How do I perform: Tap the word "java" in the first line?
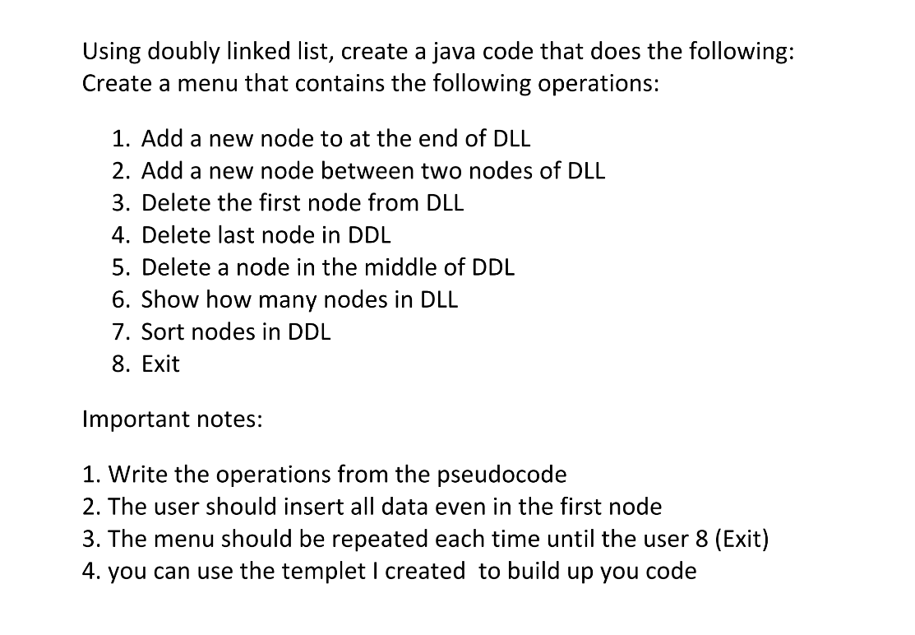[x=449, y=53]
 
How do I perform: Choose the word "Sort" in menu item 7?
[x=161, y=331]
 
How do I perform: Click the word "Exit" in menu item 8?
[x=160, y=364]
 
